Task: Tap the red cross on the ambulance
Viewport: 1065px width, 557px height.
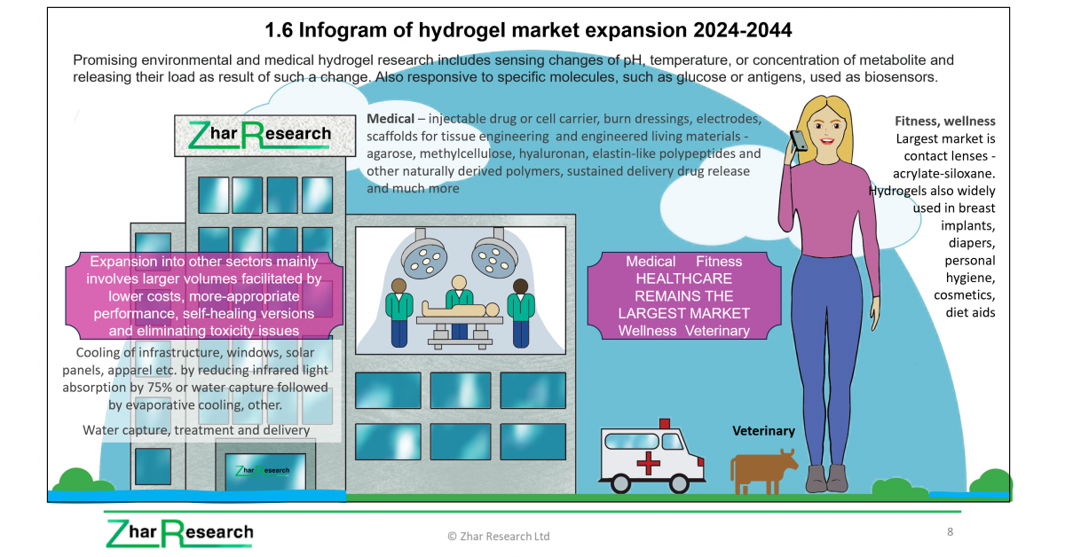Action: [x=648, y=463]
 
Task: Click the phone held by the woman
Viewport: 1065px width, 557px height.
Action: [x=799, y=140]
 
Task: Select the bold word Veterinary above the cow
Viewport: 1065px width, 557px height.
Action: [x=763, y=431]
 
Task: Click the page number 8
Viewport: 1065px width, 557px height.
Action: [x=950, y=532]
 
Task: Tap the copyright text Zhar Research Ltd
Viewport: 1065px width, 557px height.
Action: [x=498, y=536]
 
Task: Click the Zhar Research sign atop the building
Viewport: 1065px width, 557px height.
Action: [x=264, y=136]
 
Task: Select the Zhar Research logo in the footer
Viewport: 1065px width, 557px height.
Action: [x=179, y=533]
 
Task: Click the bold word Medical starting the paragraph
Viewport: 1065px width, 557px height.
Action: [x=390, y=119]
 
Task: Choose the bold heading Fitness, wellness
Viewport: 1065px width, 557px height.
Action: [x=944, y=122]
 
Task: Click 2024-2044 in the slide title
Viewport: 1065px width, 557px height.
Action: [x=742, y=30]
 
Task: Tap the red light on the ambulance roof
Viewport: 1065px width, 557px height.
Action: [x=664, y=423]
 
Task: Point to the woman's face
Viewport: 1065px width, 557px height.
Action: [x=827, y=126]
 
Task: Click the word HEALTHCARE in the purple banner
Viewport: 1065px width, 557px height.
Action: [x=683, y=278]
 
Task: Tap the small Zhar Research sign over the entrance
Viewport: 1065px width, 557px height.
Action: [x=263, y=470]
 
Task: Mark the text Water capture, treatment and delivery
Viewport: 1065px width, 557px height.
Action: [x=196, y=430]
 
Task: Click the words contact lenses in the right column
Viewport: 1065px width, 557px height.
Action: [x=945, y=156]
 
